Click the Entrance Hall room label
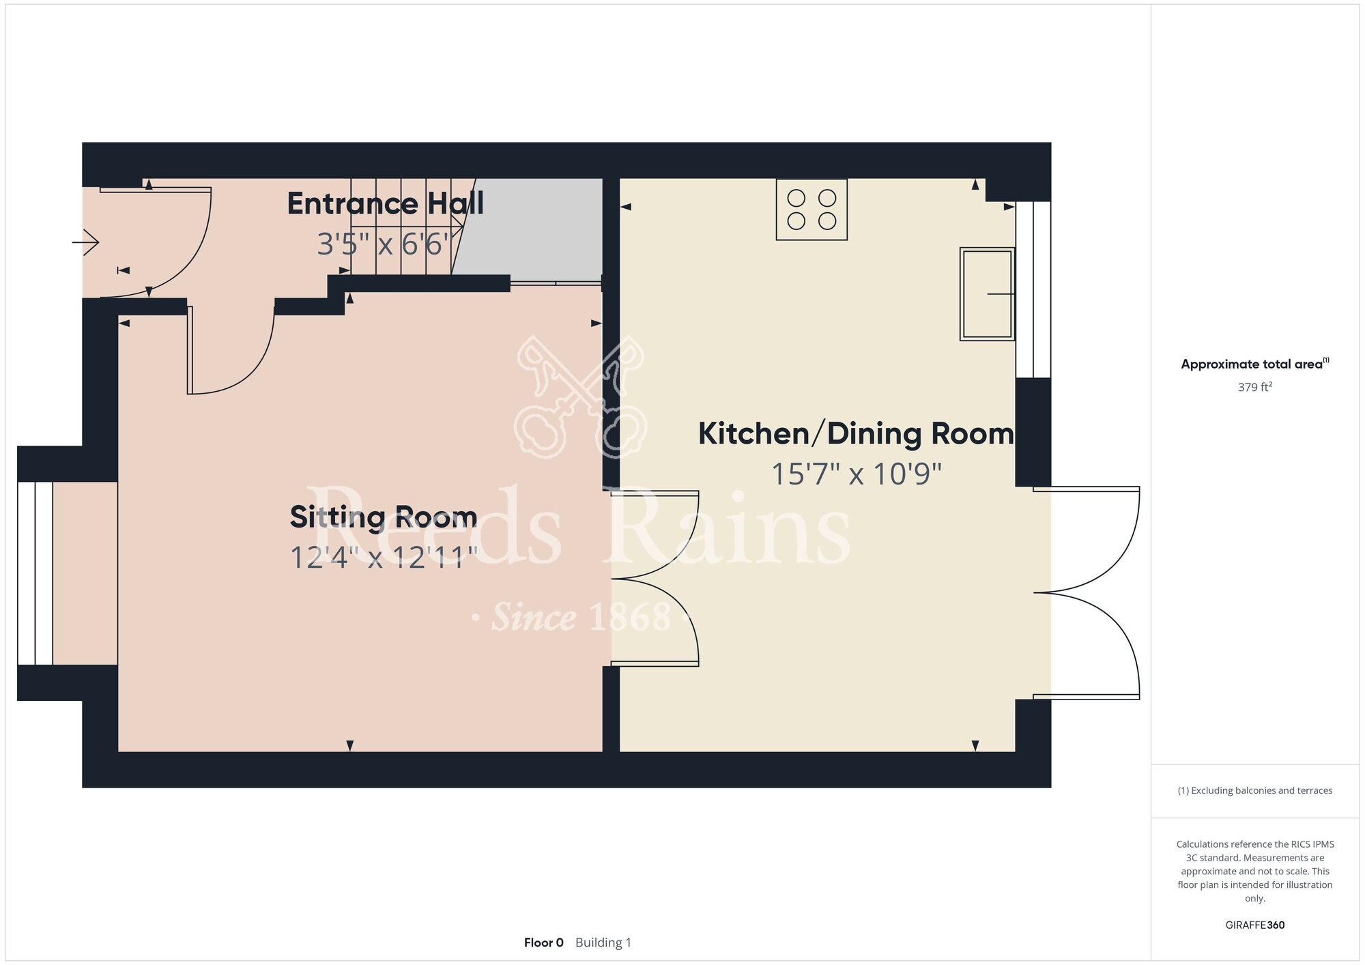(385, 203)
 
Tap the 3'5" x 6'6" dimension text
(385, 244)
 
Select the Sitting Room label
(383, 517)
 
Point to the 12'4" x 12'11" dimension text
(383, 557)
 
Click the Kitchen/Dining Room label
(856, 434)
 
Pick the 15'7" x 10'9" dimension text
(856, 474)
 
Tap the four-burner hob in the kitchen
(811, 210)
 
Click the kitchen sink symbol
(987, 293)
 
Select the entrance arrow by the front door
(86, 242)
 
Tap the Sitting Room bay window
(35, 573)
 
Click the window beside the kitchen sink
(1033, 289)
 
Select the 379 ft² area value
(1255, 387)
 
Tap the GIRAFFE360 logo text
(1255, 925)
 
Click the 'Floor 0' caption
(544, 942)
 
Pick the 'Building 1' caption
(603, 942)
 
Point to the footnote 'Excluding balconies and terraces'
(1261, 790)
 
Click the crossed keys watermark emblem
(580, 396)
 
